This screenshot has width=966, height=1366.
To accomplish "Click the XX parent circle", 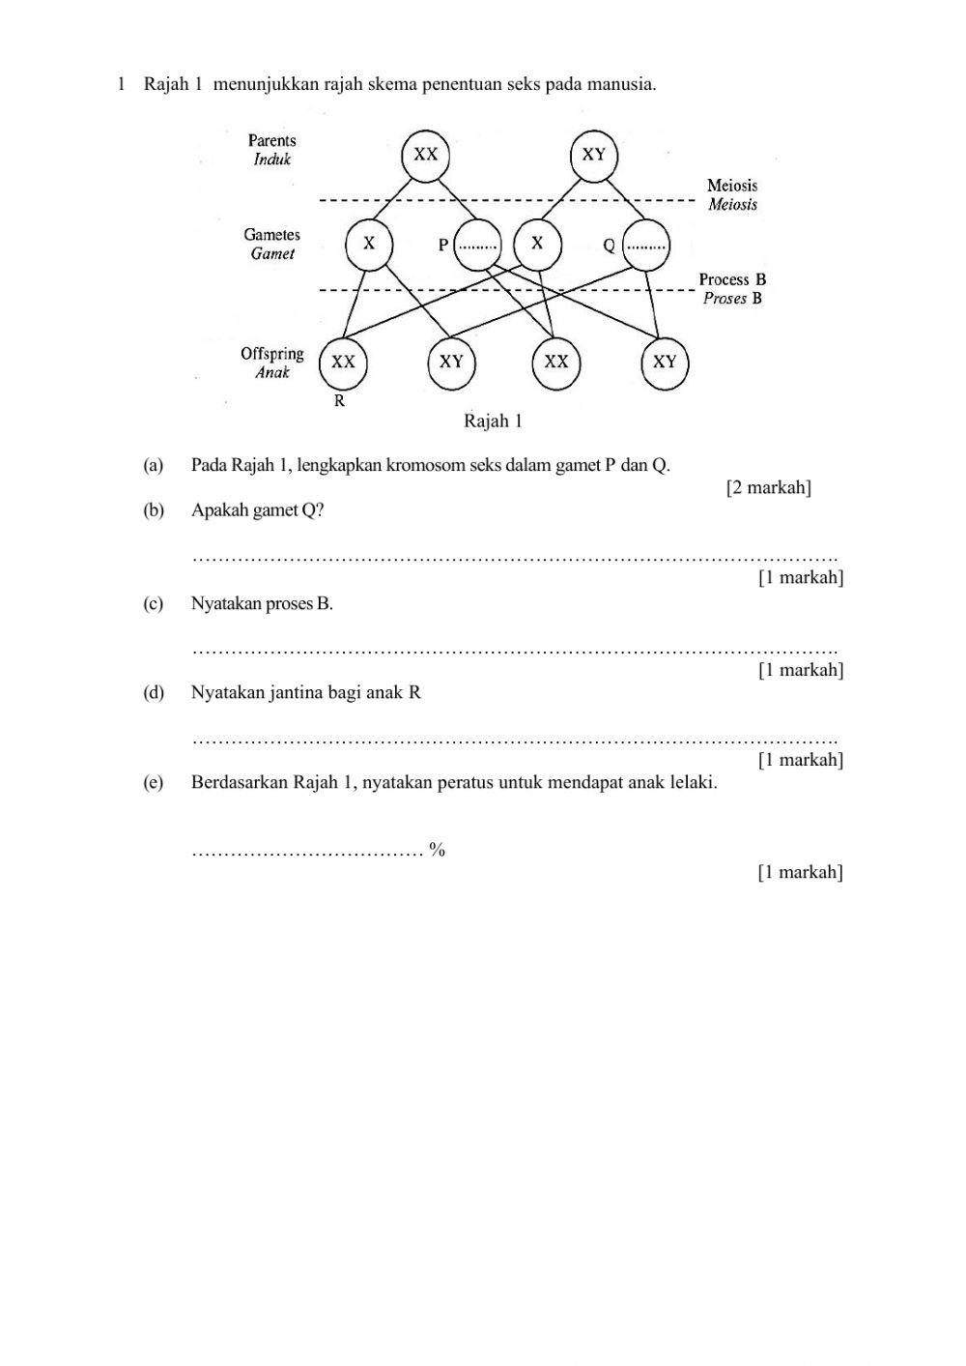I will [426, 155].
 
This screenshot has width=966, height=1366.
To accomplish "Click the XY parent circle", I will [594, 155].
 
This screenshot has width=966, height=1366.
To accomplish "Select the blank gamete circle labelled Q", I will [646, 245].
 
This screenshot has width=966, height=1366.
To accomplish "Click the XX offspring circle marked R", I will [343, 363].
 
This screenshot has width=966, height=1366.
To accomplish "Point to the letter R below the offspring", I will [339, 401].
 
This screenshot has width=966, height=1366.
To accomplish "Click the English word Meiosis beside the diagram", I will [732, 185].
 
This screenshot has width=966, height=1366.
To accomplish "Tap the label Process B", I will [732, 279].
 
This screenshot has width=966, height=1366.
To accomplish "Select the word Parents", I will [272, 141].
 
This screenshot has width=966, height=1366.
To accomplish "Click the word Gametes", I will [272, 235].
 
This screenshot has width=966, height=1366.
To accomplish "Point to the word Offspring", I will [272, 354].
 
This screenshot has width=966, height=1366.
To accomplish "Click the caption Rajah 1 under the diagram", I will [493, 421].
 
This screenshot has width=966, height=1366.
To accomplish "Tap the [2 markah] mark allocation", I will [768, 487].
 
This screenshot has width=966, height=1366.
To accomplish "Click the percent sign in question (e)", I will [438, 851].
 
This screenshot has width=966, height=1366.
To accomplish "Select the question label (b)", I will [154, 510].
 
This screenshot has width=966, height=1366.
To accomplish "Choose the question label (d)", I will [154, 693].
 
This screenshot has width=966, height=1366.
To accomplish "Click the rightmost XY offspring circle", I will [665, 363].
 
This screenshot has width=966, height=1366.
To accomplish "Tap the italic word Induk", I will [272, 160].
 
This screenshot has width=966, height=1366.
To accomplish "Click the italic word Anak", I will [272, 372].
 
